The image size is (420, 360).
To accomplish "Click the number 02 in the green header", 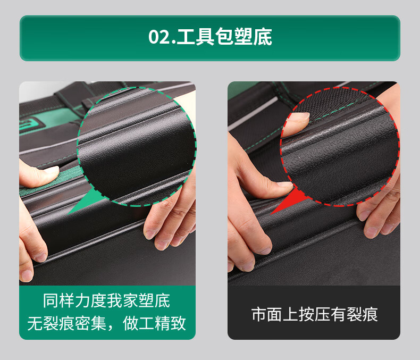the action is (x=159, y=37).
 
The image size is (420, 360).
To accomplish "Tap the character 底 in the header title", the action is (x=263, y=37).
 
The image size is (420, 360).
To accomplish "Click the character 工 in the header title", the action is (x=186, y=37).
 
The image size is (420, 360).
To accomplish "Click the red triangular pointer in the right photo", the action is (x=289, y=202).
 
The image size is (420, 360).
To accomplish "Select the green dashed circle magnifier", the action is (x=77, y=146).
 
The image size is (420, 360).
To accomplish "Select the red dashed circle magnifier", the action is (x=281, y=146).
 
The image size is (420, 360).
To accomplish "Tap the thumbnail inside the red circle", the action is (x=302, y=116).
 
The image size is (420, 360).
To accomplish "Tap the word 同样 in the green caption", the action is (x=59, y=301).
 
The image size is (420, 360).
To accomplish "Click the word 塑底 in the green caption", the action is (x=154, y=301).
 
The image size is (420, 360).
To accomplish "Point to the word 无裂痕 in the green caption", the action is (x=51, y=323).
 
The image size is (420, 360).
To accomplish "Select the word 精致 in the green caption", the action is (x=170, y=323).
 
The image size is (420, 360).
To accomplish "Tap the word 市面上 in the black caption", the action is (x=275, y=314).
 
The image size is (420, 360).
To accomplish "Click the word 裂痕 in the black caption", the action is (x=363, y=314).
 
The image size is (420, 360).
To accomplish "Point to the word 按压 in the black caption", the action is (x=314, y=314).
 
